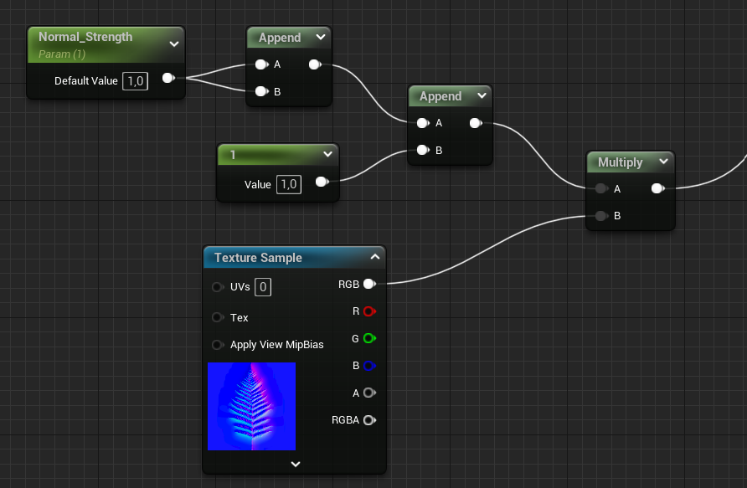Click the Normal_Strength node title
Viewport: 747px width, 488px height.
tap(85, 38)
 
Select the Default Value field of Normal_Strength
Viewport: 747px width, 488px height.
tap(136, 81)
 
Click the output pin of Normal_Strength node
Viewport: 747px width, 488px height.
tap(167, 79)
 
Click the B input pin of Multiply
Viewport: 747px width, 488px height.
tap(601, 216)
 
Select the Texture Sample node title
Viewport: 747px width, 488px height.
tap(258, 258)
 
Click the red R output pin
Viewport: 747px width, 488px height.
tap(368, 311)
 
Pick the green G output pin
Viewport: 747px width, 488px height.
tap(368, 339)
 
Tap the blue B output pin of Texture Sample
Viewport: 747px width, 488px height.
tap(368, 366)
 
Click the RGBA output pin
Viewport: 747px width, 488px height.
tap(368, 420)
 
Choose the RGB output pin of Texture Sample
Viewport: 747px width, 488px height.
tap(368, 285)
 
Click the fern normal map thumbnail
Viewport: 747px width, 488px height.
tap(251, 406)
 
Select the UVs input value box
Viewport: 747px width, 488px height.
tap(263, 287)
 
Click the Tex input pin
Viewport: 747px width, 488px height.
tap(218, 317)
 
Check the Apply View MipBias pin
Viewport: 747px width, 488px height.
tap(218, 345)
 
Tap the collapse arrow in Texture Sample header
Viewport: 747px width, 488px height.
tap(375, 258)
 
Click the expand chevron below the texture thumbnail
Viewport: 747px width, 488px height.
tap(295, 464)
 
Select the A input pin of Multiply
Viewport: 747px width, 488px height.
tap(601, 189)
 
